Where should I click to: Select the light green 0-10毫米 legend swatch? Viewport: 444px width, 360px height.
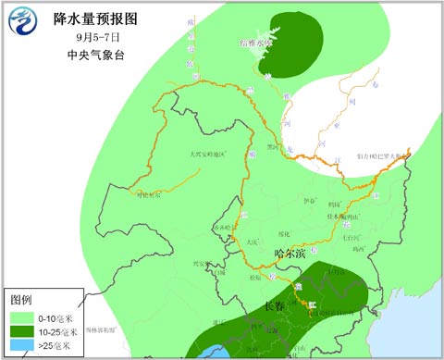point(22,317)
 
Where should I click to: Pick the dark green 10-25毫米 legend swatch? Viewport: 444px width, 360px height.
point(22,331)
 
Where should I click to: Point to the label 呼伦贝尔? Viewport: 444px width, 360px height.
point(149,195)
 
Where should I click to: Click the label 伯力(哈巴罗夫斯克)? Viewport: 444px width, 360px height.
point(380,158)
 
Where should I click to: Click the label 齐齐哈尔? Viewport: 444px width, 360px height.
point(221,225)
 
